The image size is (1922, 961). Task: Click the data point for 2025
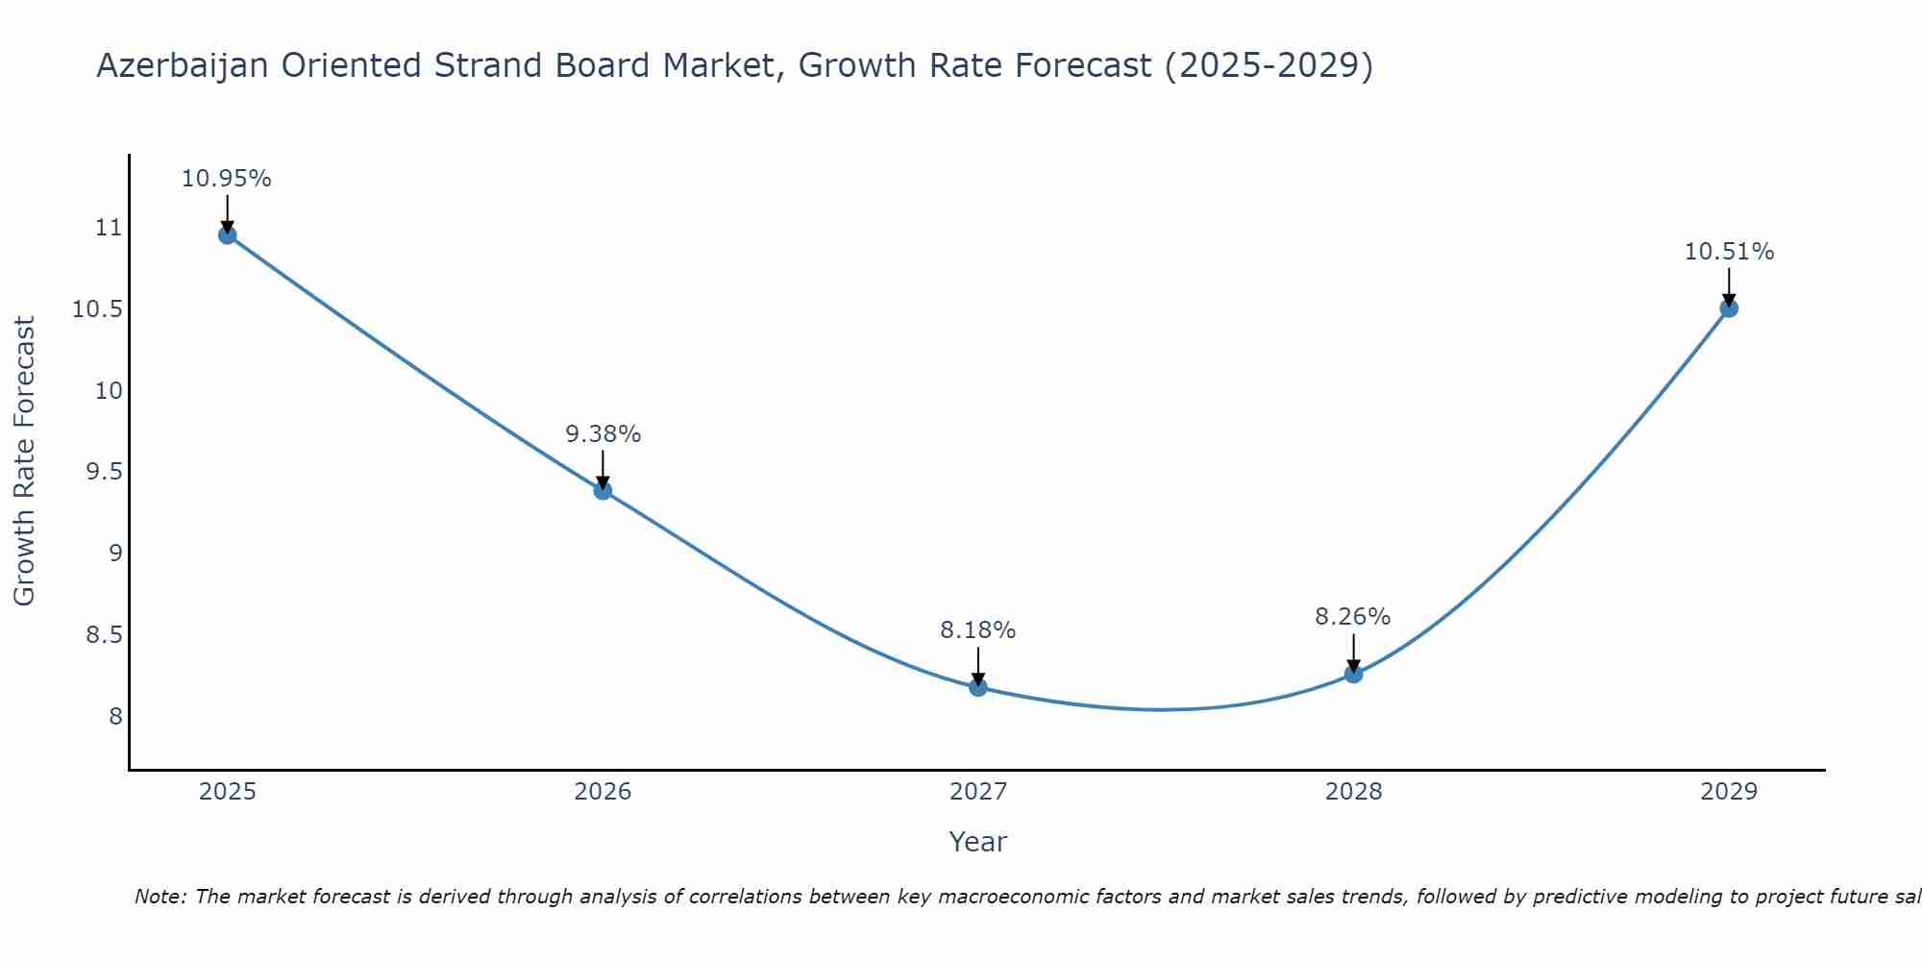click(228, 235)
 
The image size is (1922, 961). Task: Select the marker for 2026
click(603, 491)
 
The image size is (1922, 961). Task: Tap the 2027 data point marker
click(978, 687)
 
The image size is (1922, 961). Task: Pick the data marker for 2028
click(1353, 674)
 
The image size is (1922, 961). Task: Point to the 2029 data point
click(1729, 308)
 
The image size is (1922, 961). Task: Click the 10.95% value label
click(227, 179)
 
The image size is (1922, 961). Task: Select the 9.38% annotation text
click(603, 434)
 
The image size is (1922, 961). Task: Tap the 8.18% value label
click(978, 630)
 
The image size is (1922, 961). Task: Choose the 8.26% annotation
click(1353, 617)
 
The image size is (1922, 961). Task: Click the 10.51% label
click(1729, 252)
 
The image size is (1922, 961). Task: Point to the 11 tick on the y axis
click(109, 228)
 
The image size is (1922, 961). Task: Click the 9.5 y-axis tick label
click(103, 472)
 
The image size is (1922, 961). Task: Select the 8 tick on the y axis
click(115, 717)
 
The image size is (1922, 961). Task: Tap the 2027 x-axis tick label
click(978, 792)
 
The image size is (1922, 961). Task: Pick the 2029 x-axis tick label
click(1729, 792)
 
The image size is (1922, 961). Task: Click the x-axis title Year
click(978, 842)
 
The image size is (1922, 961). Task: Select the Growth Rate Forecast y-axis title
click(25, 461)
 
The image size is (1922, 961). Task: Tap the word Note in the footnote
click(160, 897)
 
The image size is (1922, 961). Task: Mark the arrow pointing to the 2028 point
click(1353, 653)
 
